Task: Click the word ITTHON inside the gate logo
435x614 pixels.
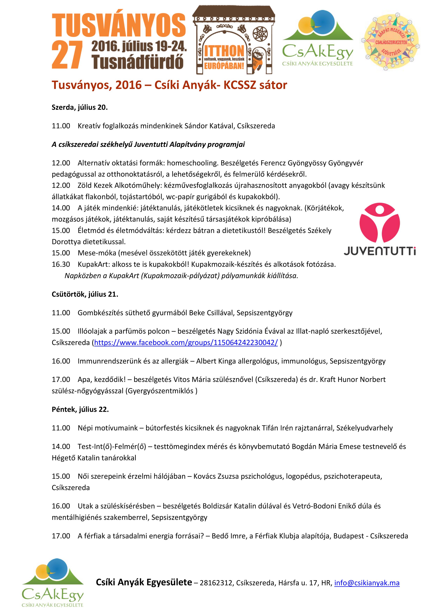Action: coord(224,51)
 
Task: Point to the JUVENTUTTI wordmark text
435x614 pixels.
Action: coord(380,252)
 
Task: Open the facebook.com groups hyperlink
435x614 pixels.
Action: coord(186,343)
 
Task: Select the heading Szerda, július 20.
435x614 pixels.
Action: coord(80,107)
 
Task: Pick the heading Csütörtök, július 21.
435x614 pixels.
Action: coord(85,294)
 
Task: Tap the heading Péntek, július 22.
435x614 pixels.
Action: coord(80,409)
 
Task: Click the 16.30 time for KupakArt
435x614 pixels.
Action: coord(61,264)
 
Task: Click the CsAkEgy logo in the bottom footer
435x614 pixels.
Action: coord(53,582)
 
